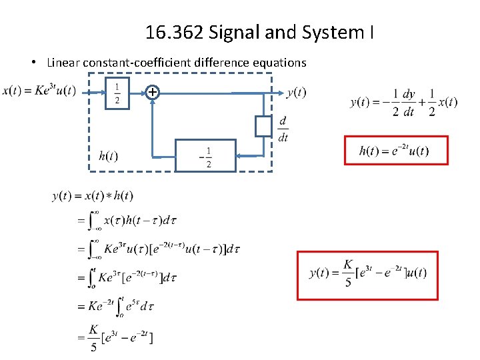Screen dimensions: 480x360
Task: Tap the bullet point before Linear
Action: click(x=33, y=63)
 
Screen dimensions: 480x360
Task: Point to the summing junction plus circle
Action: click(x=153, y=93)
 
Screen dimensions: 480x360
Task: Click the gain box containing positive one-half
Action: click(x=117, y=93)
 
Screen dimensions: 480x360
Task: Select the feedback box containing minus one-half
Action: click(x=205, y=156)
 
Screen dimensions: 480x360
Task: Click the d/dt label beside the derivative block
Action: click(x=283, y=129)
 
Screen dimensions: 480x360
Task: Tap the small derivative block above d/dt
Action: click(x=263, y=126)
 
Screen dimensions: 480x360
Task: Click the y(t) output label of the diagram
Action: click(x=296, y=93)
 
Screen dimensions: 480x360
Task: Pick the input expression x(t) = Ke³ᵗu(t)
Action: click(x=39, y=91)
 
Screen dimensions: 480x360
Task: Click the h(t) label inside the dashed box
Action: click(x=108, y=156)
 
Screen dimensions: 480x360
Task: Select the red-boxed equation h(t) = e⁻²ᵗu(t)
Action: click(x=395, y=151)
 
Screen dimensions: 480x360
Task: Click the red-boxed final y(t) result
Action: click(x=367, y=274)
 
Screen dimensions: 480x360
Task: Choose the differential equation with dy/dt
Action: click(x=403, y=103)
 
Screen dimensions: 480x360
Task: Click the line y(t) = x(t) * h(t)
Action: click(x=93, y=196)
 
